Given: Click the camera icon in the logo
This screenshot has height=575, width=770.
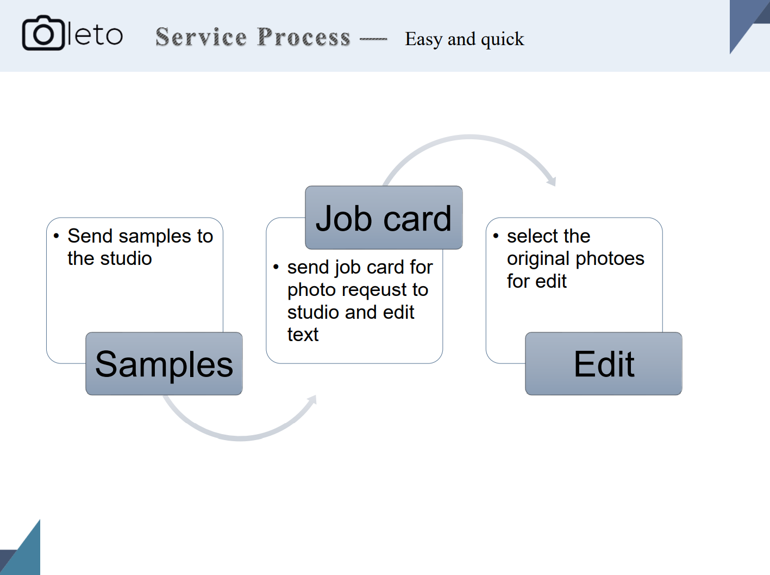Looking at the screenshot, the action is coord(43,33).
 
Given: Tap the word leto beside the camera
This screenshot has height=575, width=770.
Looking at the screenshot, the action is coord(95,35).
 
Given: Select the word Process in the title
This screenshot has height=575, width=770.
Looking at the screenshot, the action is coord(304,37).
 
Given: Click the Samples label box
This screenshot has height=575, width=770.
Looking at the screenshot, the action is coord(164,364).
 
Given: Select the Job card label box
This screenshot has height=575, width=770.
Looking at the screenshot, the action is coord(384,218).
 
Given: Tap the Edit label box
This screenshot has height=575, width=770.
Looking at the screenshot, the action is coord(604,364).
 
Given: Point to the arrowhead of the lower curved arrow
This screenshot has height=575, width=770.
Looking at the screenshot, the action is coord(312,400).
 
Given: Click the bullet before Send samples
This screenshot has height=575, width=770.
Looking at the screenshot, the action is coord(56,236).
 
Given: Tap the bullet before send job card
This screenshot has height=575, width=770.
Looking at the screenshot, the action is coord(276,267).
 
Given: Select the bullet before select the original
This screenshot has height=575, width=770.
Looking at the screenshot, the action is coord(496,236).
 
